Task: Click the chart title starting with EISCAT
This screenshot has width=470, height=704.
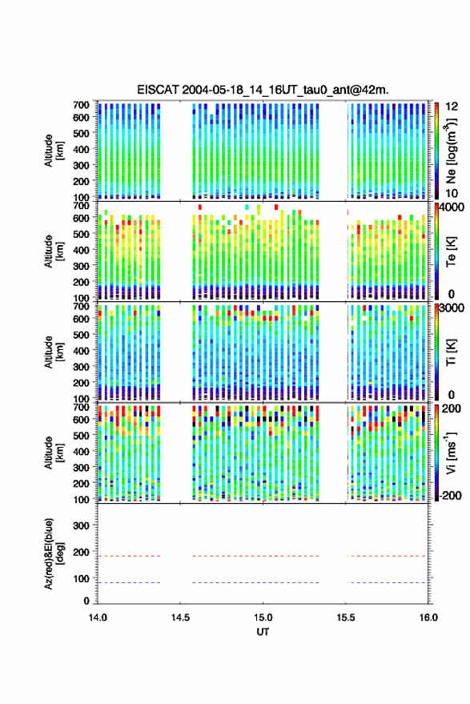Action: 263,90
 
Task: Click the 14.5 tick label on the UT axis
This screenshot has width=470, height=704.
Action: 180,618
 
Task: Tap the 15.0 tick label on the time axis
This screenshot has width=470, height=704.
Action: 263,618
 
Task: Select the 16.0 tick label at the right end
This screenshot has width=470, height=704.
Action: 428,618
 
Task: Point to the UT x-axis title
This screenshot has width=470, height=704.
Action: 263,632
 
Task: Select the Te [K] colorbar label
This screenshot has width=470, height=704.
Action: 451,251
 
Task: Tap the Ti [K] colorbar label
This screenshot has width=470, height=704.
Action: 451,352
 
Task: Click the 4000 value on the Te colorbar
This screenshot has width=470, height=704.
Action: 452,207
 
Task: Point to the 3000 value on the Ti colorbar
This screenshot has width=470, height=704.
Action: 452,308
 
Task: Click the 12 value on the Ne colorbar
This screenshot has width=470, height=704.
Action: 452,107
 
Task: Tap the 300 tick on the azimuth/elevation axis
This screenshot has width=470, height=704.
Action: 81,525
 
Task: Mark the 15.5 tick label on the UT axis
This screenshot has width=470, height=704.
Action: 345,618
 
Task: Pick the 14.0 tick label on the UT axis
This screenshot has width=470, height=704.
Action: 98,618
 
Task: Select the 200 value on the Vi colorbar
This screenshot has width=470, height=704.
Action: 452,408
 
